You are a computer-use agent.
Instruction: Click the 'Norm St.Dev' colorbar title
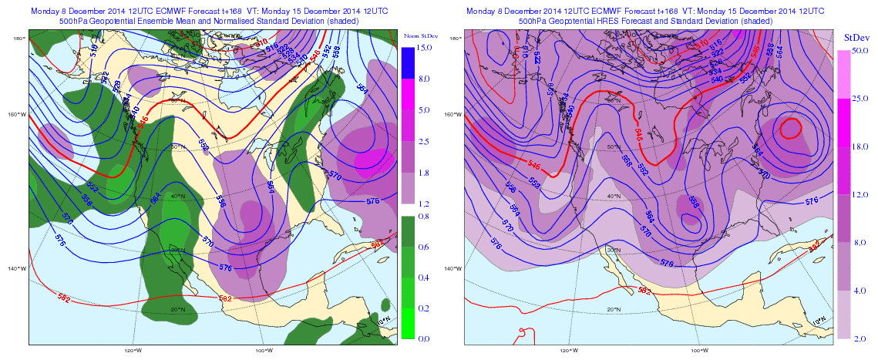417,36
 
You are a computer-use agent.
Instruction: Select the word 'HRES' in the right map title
611,22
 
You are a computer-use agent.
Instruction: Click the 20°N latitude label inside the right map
614,310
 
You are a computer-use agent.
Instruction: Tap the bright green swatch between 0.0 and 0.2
408,323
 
